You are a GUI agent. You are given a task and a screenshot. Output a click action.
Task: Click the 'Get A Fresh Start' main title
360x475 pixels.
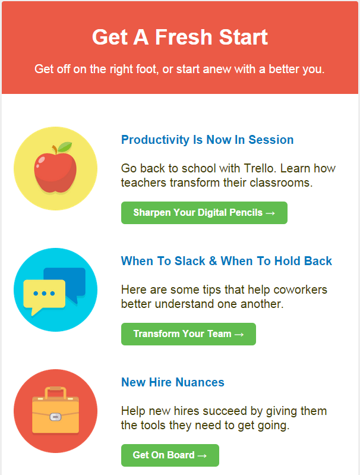point(180,37)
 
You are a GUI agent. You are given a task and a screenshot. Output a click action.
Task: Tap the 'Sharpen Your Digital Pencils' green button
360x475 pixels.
point(204,213)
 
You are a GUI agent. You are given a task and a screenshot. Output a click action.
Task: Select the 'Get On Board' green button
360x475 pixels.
point(170,455)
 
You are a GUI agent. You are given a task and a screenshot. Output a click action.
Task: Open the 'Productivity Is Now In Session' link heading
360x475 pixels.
point(207,140)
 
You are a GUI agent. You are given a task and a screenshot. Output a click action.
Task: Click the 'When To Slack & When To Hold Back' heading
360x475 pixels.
point(226,261)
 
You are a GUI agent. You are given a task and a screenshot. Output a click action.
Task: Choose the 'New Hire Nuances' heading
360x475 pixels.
point(173,382)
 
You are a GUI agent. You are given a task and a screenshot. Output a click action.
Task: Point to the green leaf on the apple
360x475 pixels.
point(65,147)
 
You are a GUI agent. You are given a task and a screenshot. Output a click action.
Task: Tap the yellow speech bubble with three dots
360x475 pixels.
point(44,296)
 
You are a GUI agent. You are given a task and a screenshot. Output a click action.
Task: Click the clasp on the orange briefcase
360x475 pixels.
point(55,417)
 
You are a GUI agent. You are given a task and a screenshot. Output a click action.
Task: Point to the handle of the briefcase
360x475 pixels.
point(56,392)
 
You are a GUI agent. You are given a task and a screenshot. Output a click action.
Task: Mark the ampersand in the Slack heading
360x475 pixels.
point(213,261)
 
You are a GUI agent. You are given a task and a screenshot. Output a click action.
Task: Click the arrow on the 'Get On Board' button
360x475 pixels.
point(202,455)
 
